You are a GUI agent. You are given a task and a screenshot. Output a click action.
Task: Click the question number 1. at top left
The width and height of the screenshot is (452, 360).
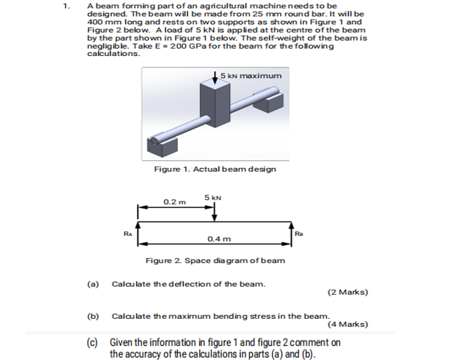pyautogui.click(x=65, y=6)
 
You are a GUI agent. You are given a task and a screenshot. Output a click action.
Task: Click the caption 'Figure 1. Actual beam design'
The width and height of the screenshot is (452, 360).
pyautogui.click(x=214, y=169)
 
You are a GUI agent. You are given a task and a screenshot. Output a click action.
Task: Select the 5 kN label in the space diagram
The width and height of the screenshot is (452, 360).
pyautogui.click(x=213, y=198)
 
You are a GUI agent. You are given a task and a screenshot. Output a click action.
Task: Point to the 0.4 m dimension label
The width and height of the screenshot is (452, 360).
pyautogui.click(x=219, y=239)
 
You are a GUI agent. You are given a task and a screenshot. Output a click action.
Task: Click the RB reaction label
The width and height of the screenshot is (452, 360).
pyautogui.click(x=300, y=234)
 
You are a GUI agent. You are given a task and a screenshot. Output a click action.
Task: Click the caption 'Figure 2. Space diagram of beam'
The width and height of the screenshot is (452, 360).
pyautogui.click(x=215, y=260)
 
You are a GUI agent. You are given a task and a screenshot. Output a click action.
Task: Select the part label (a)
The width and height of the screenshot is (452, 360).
pyautogui.click(x=93, y=284)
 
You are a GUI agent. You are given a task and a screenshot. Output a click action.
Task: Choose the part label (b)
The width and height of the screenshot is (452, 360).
pyautogui.click(x=93, y=316)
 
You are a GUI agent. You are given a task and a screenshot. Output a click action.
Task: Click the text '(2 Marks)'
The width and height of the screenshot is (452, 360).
pyautogui.click(x=348, y=293)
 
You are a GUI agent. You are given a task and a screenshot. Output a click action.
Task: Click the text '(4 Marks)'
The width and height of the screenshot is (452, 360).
pyautogui.click(x=348, y=324)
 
